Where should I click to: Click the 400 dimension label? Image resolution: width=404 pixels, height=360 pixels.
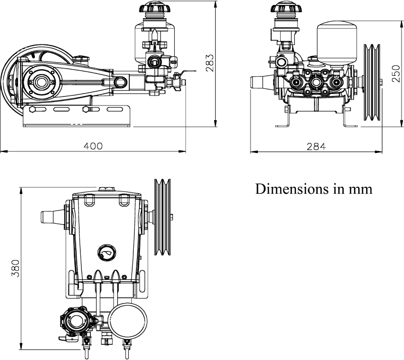point(93,146)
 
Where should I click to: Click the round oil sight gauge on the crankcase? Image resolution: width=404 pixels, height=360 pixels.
point(107,252)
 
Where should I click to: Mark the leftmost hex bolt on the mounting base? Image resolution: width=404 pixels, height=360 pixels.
point(32,110)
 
